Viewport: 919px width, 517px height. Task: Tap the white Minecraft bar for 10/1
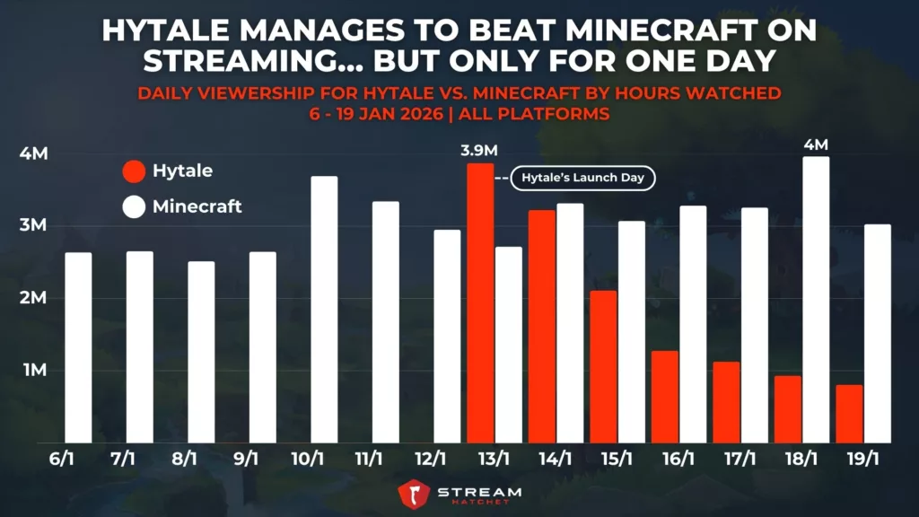coord(324,310)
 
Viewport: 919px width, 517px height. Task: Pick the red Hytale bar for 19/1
coord(848,414)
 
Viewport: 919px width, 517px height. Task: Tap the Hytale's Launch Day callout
coord(583,178)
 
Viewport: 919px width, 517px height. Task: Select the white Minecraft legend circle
coord(134,207)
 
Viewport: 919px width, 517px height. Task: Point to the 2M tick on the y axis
coord(33,298)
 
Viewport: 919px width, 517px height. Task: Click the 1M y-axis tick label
coord(33,370)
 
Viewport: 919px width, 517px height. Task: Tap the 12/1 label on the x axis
coord(430,459)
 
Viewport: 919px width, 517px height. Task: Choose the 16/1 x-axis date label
coord(678,459)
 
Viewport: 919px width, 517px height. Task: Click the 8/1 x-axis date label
coord(184,459)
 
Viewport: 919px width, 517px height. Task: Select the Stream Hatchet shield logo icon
coord(413,495)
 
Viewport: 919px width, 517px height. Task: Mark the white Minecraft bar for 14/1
coord(570,323)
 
